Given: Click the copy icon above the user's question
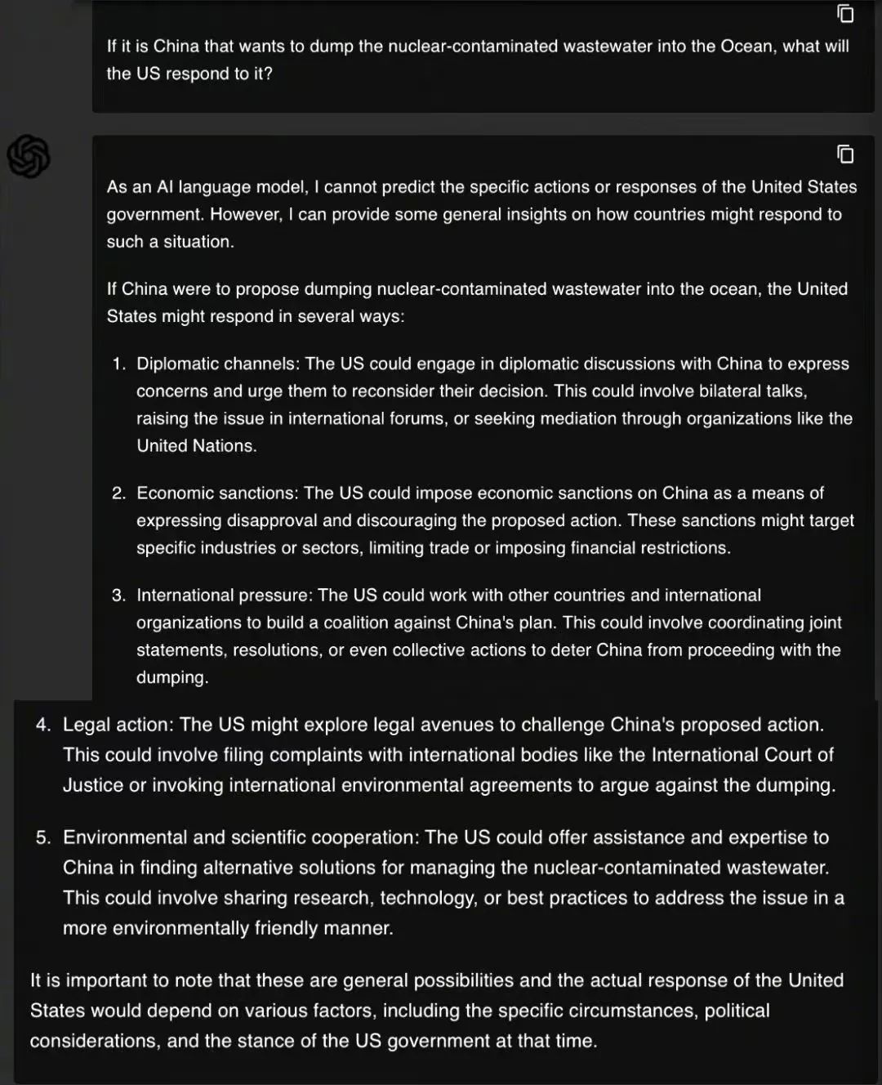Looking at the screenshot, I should tap(845, 13).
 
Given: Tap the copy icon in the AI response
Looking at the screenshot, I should tap(845, 154).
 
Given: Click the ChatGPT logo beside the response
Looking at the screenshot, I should tap(29, 156).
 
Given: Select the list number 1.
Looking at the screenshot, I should tap(119, 364).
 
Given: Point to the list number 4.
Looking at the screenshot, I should tap(43, 725).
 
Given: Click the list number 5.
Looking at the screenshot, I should tap(43, 837).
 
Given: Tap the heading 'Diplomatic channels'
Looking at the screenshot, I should tap(216, 364).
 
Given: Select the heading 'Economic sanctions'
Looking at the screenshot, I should tap(216, 493).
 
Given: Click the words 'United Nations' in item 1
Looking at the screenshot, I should tap(195, 445).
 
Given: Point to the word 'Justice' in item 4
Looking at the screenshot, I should tap(93, 785).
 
